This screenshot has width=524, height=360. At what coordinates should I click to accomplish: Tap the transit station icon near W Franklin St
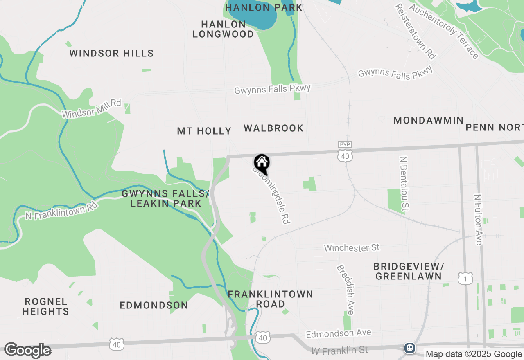(x=409, y=348)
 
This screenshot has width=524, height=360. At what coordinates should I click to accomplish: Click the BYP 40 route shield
(x=345, y=152)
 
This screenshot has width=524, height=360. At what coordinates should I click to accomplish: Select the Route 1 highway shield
(x=465, y=279)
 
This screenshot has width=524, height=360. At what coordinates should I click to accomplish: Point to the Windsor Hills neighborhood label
(x=111, y=53)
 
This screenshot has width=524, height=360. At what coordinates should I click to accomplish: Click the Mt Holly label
(x=204, y=131)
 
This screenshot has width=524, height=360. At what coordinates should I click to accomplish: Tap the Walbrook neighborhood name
(x=273, y=128)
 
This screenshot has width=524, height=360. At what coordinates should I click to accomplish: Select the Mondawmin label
(x=428, y=120)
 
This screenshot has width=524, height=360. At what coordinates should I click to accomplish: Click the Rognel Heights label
(x=45, y=306)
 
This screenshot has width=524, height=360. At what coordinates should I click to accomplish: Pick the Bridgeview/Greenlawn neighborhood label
(x=409, y=271)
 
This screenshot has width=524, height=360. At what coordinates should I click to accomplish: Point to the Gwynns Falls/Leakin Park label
(x=166, y=198)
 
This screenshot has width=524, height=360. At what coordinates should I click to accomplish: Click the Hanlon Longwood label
(x=224, y=29)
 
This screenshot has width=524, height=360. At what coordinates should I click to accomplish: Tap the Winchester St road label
(x=352, y=248)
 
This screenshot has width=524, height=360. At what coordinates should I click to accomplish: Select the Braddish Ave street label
(x=345, y=290)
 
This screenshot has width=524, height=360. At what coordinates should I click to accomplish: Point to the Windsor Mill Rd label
(x=92, y=108)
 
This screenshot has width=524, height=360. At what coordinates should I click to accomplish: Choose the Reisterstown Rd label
(x=415, y=32)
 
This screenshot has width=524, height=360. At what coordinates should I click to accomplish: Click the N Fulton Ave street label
(x=478, y=220)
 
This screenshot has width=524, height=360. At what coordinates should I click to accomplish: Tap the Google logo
(x=27, y=351)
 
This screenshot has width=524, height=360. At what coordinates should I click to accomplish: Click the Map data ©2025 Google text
(x=474, y=354)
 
